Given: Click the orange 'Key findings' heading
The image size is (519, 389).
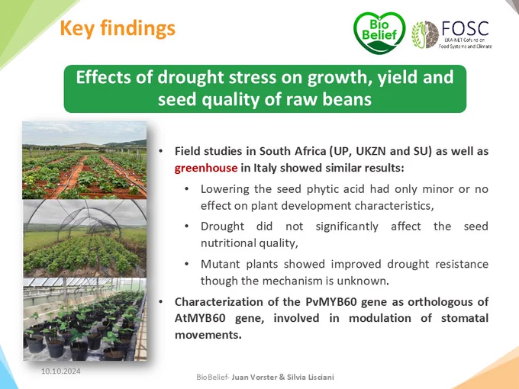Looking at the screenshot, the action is (118, 28).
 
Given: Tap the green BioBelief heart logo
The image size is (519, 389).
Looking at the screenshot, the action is (379, 32).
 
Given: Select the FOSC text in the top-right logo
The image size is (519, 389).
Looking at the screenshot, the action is (465, 28).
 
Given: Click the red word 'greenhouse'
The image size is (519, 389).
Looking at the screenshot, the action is (206, 168).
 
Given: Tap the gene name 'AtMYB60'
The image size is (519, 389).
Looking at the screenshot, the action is (200, 318).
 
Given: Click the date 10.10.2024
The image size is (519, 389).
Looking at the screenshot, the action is (60, 371).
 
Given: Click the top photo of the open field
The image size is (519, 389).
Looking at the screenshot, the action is (85, 160).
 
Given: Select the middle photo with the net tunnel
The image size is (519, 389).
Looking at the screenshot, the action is (85, 238).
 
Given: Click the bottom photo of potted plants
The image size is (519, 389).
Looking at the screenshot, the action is (85, 319).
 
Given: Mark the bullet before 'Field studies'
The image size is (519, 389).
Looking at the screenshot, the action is (161, 152).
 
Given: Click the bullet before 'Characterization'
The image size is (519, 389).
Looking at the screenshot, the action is (161, 302).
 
